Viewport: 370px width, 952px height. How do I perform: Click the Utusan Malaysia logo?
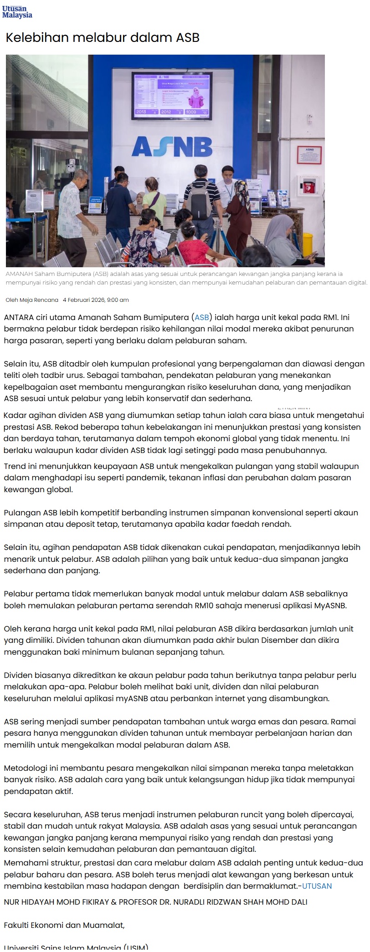pos(17,12)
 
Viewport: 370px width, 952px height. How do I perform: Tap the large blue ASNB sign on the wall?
pos(172,147)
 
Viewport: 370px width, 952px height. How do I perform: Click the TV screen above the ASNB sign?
pos(172,96)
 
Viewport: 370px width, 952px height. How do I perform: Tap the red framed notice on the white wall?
pos(309,155)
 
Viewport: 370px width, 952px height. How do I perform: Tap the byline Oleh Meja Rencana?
pos(32,300)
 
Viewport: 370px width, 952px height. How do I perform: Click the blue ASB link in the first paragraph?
pos(202,317)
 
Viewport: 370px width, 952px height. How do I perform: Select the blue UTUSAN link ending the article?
pos(317,886)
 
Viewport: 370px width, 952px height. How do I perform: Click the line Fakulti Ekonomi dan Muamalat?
pos(64,925)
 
